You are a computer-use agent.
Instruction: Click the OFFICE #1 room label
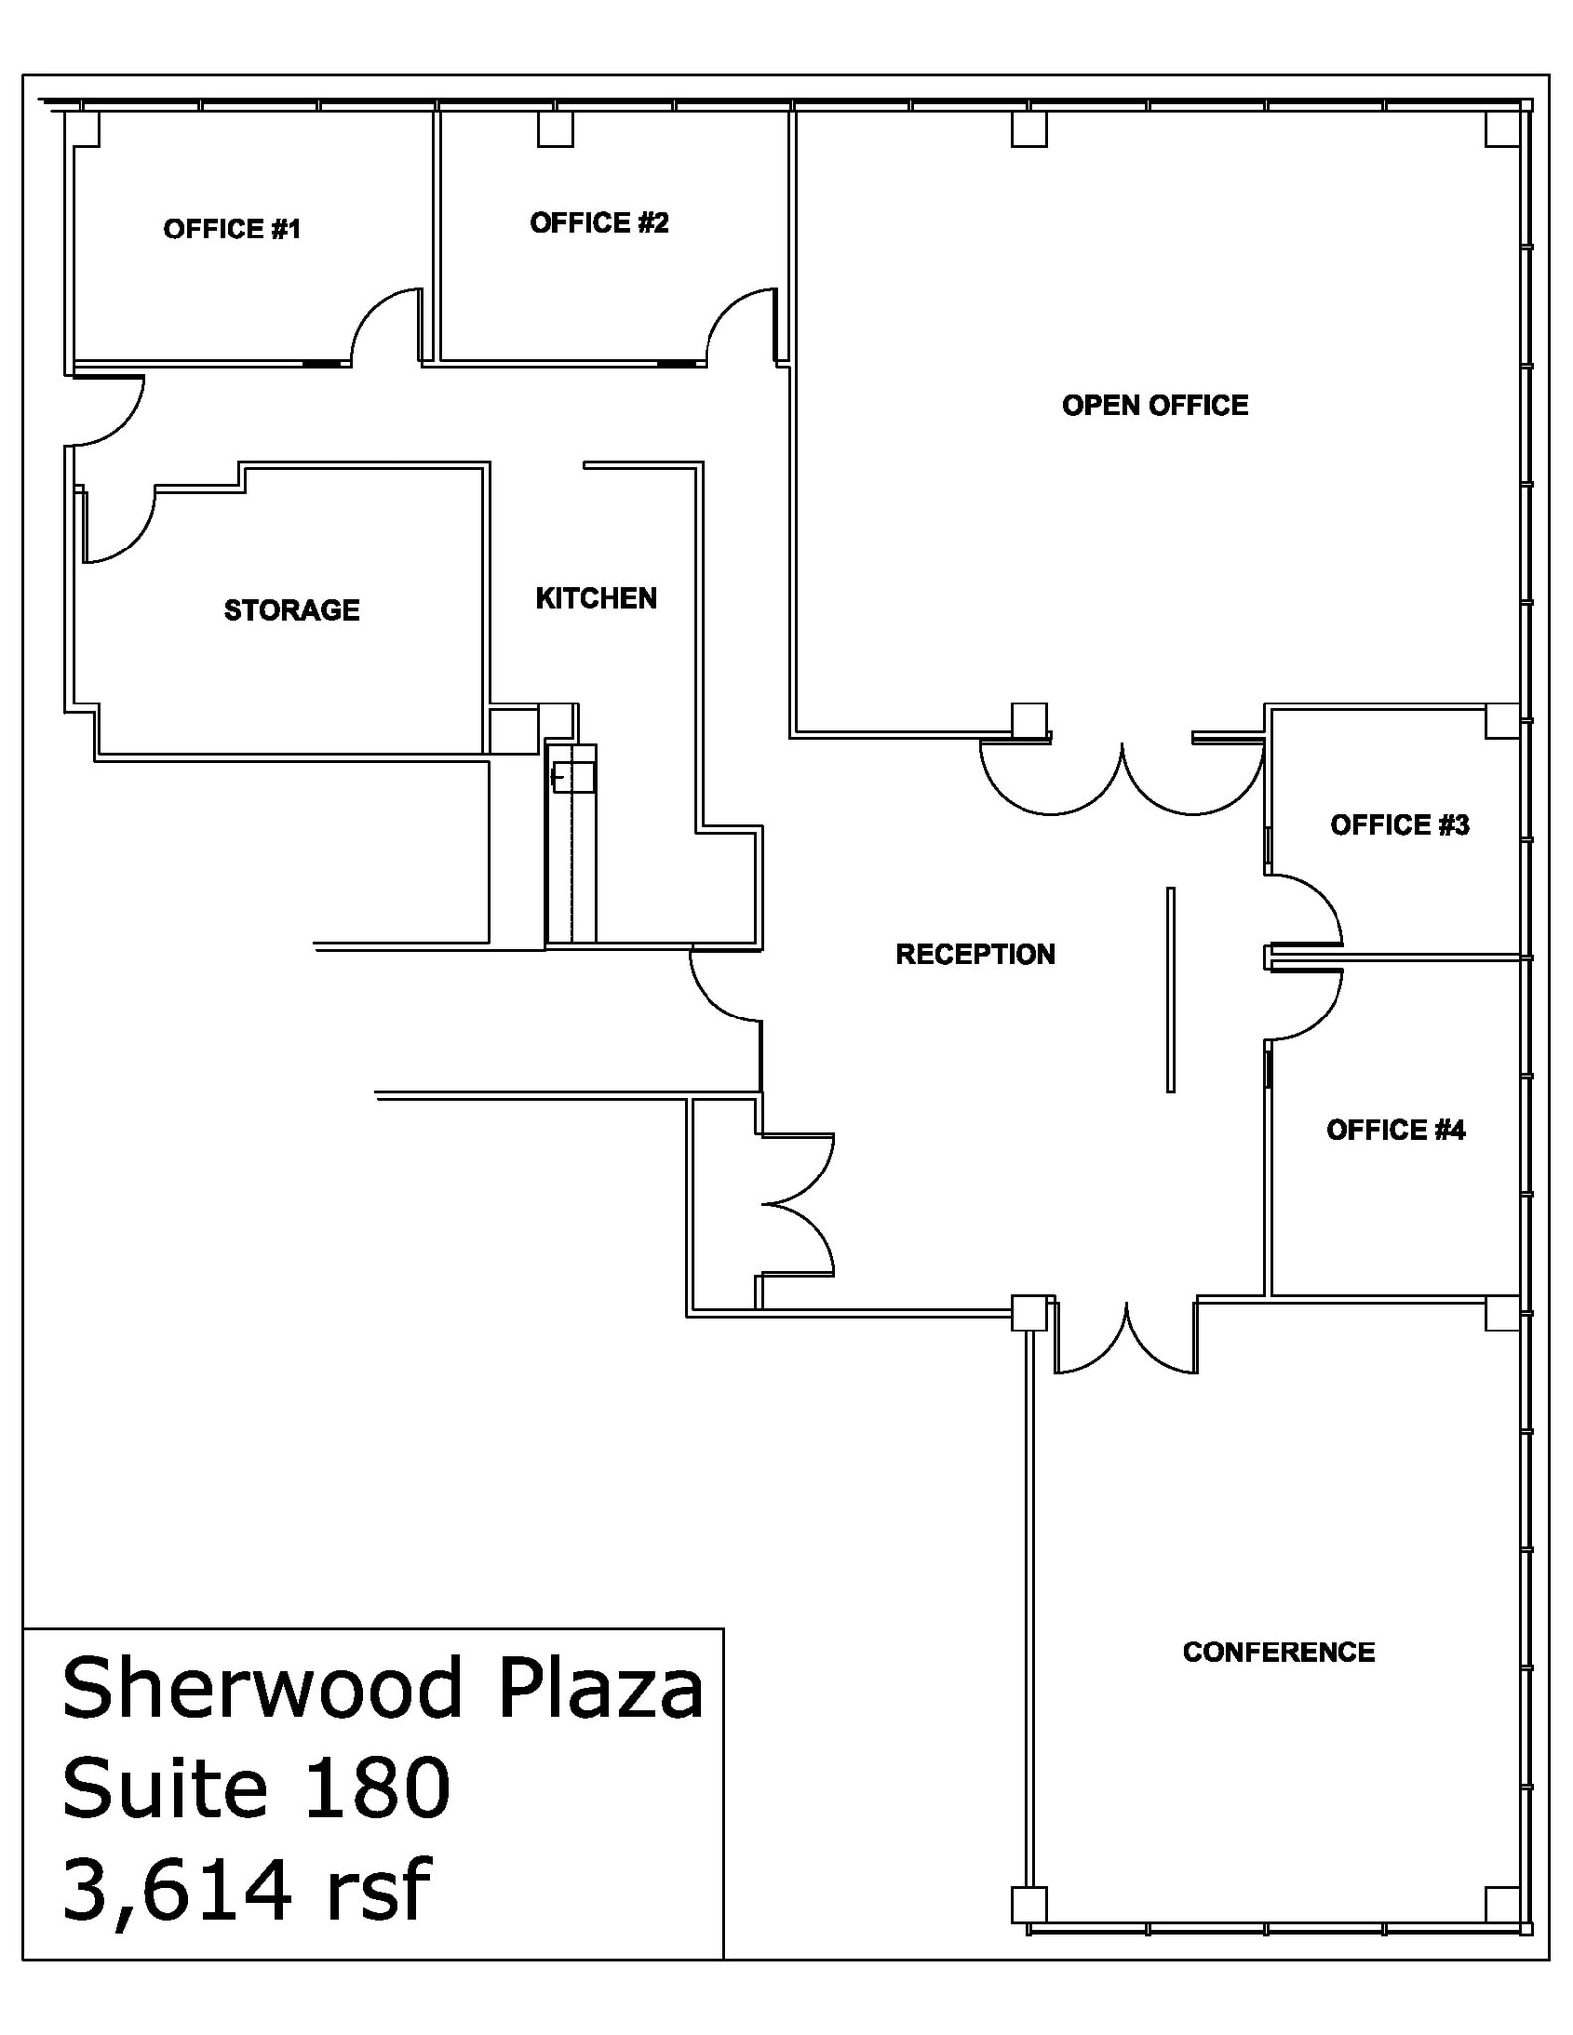pyautogui.click(x=232, y=230)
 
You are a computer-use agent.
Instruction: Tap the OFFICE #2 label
pyautogui.click(x=598, y=223)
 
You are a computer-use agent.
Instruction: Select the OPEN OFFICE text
pyautogui.click(x=1155, y=405)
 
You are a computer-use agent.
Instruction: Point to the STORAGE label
pyautogui.click(x=291, y=610)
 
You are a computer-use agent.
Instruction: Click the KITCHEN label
pyautogui.click(x=595, y=598)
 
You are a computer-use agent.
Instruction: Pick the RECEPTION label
pyautogui.click(x=975, y=954)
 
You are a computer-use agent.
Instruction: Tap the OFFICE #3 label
pyautogui.click(x=1399, y=825)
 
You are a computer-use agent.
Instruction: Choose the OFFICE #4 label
pyautogui.click(x=1395, y=1130)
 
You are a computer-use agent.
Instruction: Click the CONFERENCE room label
pyautogui.click(x=1279, y=1652)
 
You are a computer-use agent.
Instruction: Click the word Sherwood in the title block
pyautogui.click(x=261, y=1688)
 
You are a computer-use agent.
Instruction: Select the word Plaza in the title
pyautogui.click(x=600, y=1688)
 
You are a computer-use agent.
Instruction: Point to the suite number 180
pyautogui.click(x=378, y=1789)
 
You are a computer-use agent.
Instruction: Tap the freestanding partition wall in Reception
pyautogui.click(x=1170, y=990)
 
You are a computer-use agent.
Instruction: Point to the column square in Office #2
pyautogui.click(x=555, y=129)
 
